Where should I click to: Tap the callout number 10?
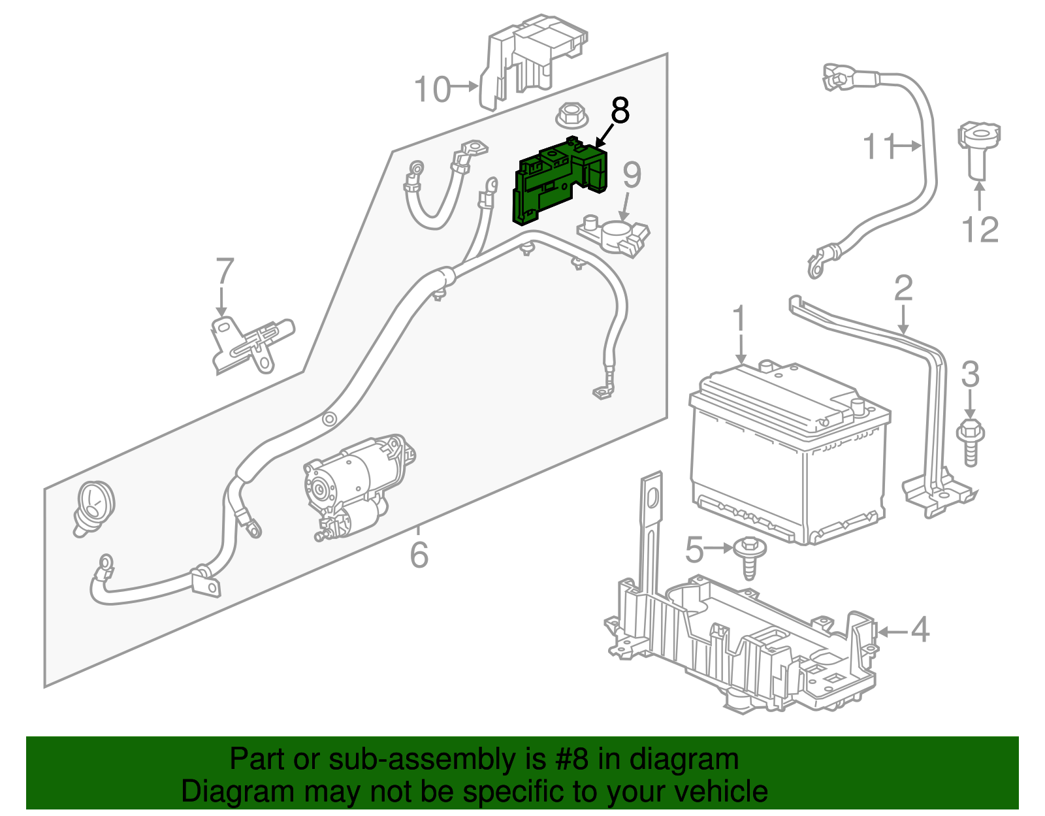coord(432,89)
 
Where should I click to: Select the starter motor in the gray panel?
coord(356,483)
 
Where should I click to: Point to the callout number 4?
coord(920,630)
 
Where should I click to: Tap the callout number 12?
coord(980,229)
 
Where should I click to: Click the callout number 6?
coord(419,555)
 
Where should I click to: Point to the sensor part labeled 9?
coord(614,235)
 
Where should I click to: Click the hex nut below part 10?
coord(573,117)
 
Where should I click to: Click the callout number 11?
coord(878,146)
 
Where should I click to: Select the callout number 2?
coord(903,287)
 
